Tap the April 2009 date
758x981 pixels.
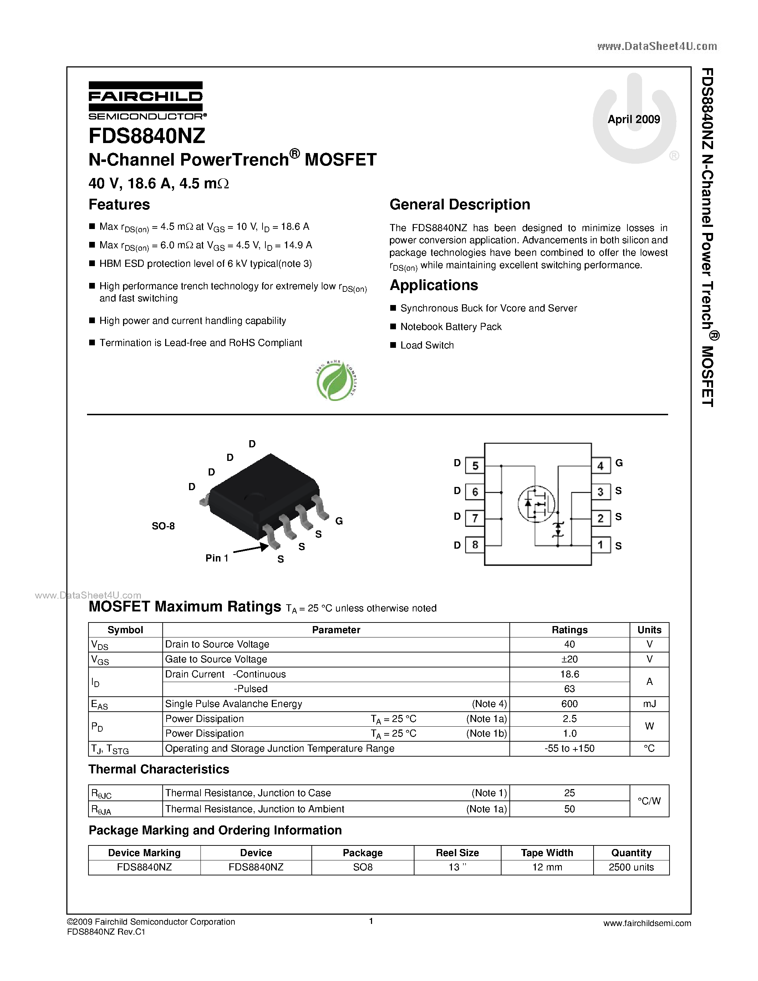point(634,120)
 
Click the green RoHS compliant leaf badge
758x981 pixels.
point(335,381)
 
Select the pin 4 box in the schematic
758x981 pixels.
point(600,466)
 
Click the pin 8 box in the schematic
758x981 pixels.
point(475,545)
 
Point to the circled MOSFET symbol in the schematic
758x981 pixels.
point(536,504)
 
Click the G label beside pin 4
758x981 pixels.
point(619,463)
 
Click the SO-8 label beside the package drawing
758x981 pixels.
point(163,526)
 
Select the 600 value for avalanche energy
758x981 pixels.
point(569,704)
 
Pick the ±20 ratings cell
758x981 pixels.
point(569,659)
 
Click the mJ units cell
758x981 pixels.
point(649,704)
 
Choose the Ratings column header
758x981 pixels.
point(569,630)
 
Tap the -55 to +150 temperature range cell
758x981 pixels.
point(569,749)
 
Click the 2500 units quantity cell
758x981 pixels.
point(631,867)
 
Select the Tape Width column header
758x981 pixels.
point(547,853)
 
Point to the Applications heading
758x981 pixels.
point(434,286)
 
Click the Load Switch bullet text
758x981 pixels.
point(427,345)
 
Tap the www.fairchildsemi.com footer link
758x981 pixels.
point(647,924)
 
